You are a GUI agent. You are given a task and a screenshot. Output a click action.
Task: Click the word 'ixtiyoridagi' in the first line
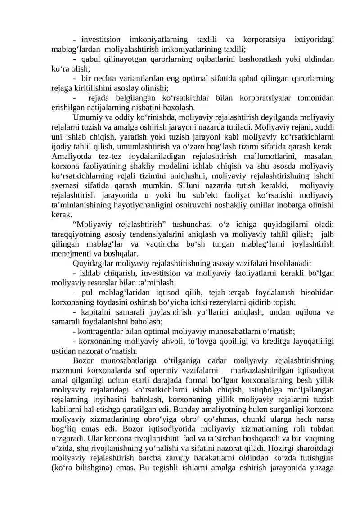(x=314, y=39)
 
